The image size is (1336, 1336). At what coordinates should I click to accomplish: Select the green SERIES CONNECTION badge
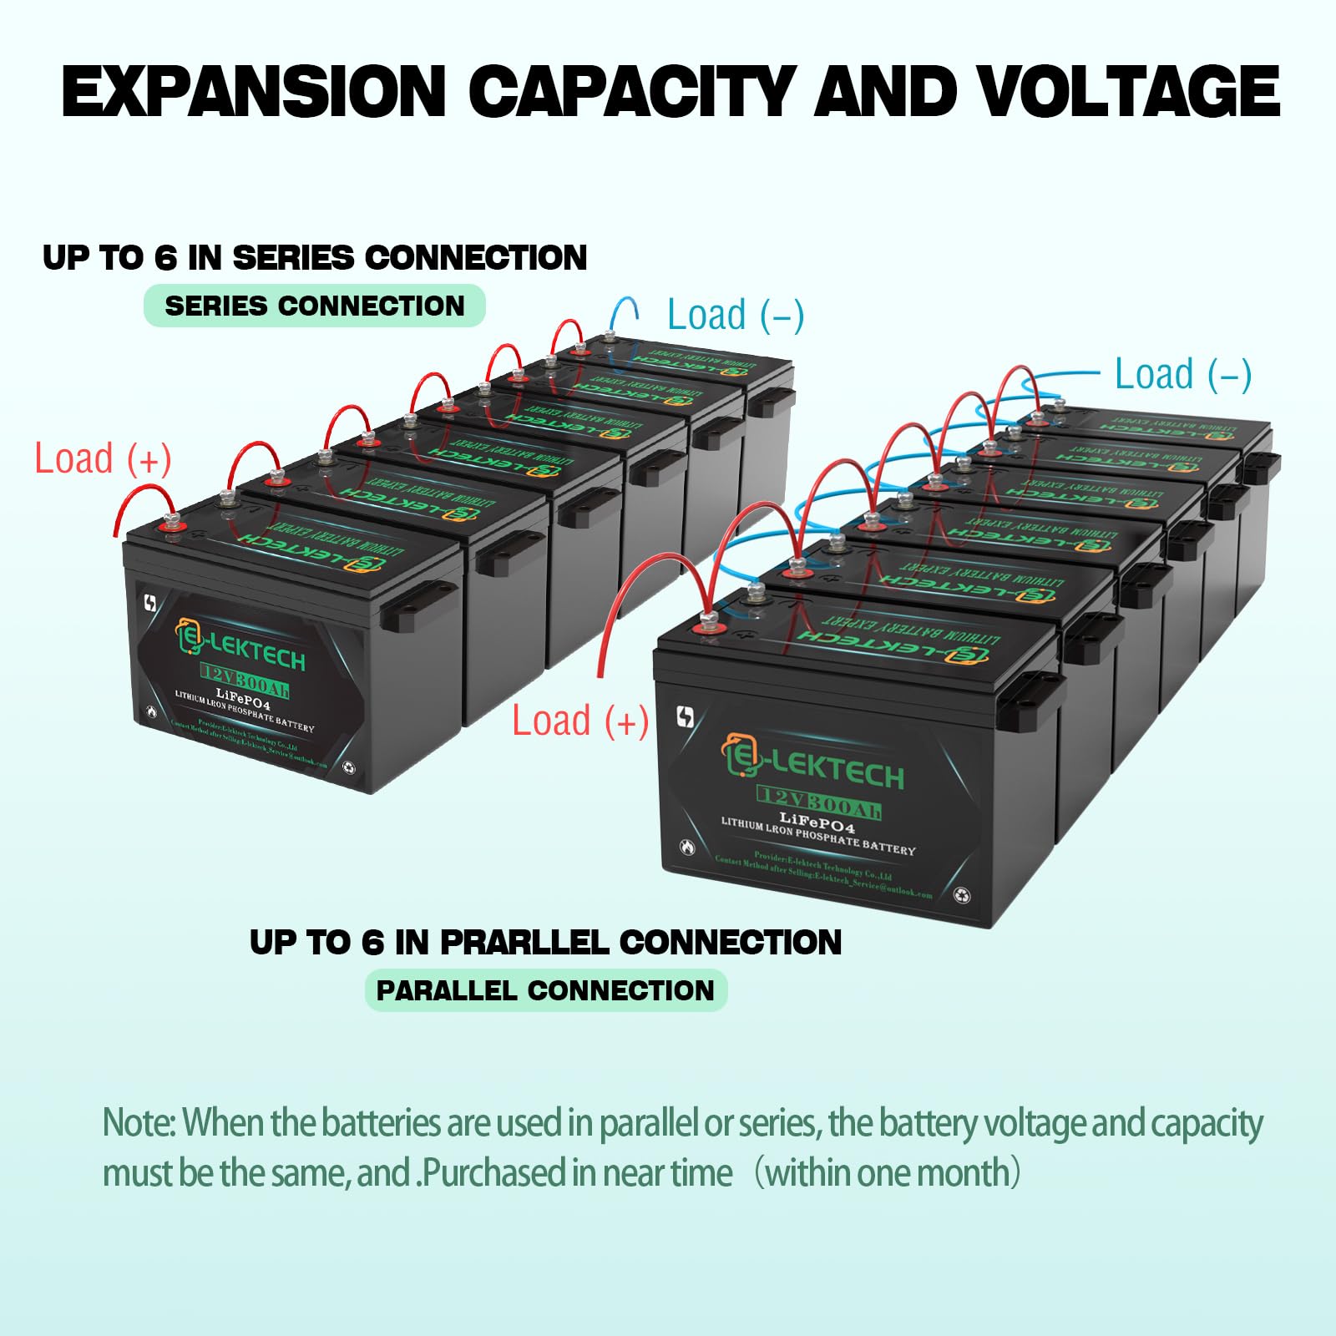tap(315, 306)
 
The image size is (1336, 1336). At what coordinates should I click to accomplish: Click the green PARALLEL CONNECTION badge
tap(545, 990)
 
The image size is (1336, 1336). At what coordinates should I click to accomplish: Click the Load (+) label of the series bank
tap(103, 459)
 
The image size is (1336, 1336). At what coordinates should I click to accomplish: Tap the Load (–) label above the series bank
tap(736, 316)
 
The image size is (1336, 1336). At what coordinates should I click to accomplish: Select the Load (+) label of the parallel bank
tap(580, 721)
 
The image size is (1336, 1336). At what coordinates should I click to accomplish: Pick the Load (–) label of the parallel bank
tap(1183, 374)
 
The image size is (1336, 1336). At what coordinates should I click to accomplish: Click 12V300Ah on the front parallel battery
tap(819, 804)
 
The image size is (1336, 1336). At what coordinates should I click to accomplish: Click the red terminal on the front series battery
tap(174, 525)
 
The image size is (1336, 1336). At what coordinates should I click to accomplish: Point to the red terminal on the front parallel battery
tap(708, 623)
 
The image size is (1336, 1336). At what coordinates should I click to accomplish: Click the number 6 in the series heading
tap(166, 258)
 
